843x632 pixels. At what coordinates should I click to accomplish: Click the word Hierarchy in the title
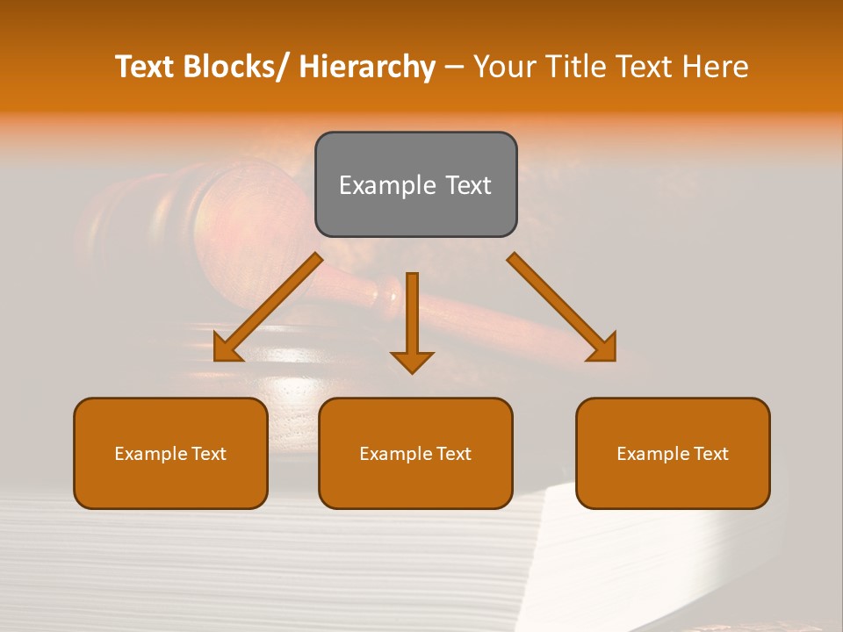tap(367, 67)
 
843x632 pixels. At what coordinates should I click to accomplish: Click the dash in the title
tap(454, 68)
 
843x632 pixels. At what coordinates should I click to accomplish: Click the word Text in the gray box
tap(466, 185)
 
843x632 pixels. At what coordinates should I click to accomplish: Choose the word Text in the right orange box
tap(710, 454)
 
